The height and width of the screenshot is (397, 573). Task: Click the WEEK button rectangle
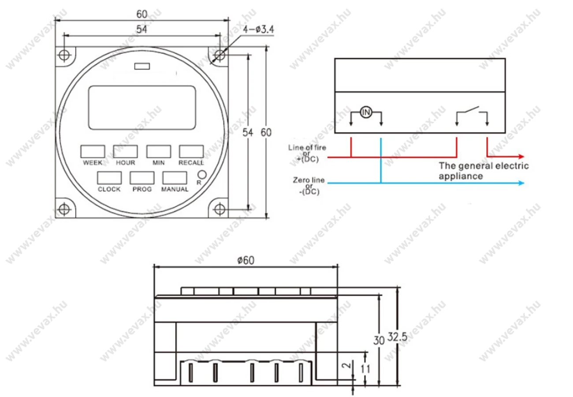click(93, 152)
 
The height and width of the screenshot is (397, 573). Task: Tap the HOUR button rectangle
click(125, 152)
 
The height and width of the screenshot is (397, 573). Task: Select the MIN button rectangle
click(159, 152)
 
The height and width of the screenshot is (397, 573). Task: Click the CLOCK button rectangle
click(109, 178)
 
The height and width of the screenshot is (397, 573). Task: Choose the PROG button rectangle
click(142, 178)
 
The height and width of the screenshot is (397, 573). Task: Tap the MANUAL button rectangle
click(175, 178)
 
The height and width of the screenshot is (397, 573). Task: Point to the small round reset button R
click(202, 175)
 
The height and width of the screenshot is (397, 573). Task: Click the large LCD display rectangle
click(142, 108)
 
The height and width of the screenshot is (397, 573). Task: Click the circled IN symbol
click(366, 112)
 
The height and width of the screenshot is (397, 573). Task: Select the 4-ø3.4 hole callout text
click(258, 30)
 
